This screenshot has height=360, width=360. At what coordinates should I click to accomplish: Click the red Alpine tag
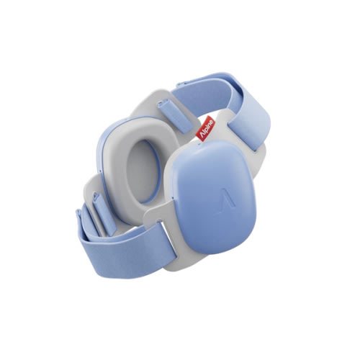click(x=206, y=128)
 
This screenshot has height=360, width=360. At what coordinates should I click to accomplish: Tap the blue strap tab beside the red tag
click(x=176, y=117)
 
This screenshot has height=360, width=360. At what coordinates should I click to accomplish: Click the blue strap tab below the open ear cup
click(x=105, y=212)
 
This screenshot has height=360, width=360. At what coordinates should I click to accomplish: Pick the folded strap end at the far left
click(x=85, y=223)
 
